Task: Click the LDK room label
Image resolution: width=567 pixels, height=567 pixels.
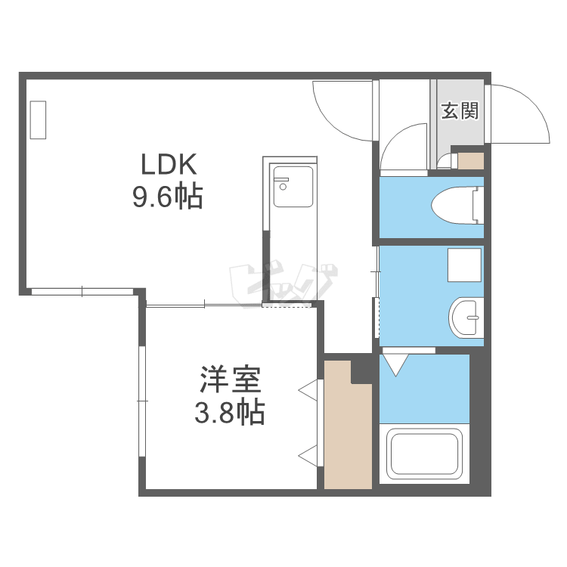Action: click(169, 164)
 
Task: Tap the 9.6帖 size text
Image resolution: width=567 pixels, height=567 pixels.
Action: click(168, 197)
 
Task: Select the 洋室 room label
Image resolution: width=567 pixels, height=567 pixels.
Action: click(231, 378)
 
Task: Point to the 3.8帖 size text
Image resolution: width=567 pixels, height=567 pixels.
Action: click(230, 412)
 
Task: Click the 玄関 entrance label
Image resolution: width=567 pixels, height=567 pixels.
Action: click(460, 111)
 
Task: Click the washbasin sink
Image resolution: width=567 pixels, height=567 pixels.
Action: click(466, 318)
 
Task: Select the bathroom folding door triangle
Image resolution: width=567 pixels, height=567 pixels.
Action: click(395, 364)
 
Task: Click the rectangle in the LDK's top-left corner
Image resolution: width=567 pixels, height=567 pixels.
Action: click(39, 120)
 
